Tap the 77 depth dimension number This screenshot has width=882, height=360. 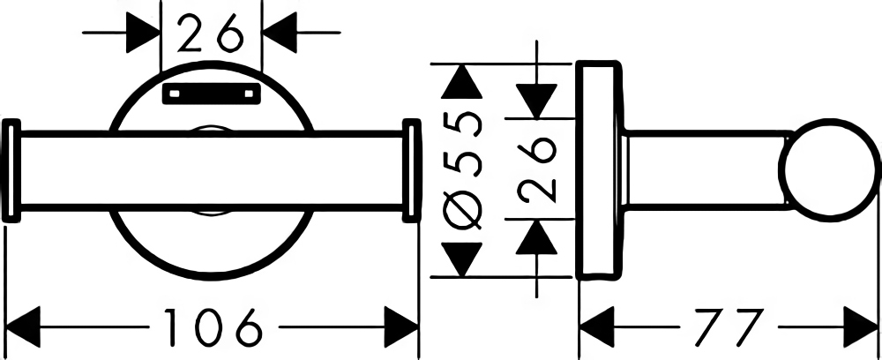[x=729, y=326]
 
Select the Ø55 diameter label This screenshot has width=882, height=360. [x=463, y=170]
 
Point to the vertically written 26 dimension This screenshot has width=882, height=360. [x=537, y=170]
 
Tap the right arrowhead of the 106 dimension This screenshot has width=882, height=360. [x=400, y=326]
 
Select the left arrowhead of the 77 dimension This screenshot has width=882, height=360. [x=597, y=326]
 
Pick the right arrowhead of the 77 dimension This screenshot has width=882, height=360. [x=861, y=326]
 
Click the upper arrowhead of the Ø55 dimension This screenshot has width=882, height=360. [x=462, y=81]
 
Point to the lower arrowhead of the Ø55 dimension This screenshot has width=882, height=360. [x=462, y=259]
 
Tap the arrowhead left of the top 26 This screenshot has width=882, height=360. [x=144, y=33]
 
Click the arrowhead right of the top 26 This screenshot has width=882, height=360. [x=280, y=33]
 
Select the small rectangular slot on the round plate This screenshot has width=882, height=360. [x=212, y=94]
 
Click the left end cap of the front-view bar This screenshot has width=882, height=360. [x=11, y=170]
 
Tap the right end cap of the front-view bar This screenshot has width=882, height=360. [x=412, y=170]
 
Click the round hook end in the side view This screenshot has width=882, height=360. [x=829, y=169]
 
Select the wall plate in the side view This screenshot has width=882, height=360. [x=599, y=169]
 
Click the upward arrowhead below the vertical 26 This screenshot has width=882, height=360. [x=536, y=237]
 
